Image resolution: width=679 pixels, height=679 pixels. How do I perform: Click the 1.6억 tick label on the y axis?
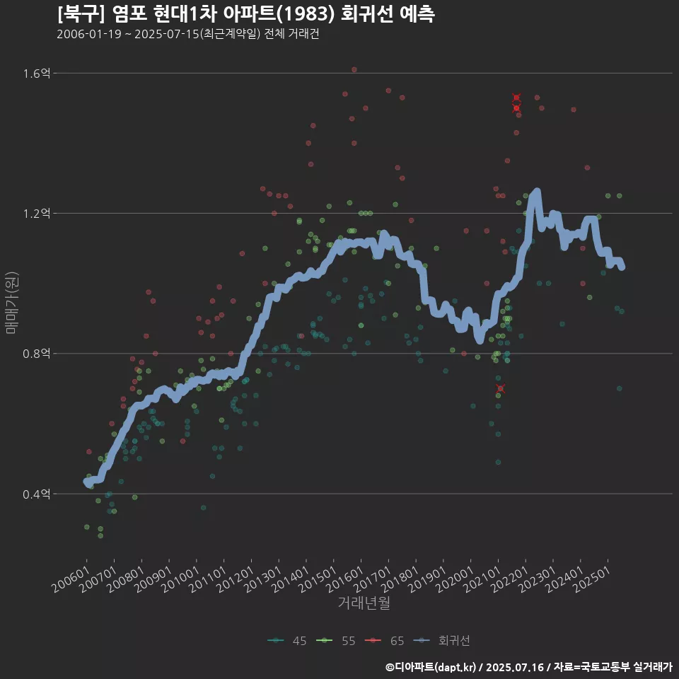37,74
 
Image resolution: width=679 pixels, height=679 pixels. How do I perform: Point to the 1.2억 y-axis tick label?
37,214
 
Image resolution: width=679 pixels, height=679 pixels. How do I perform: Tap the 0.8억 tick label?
37,354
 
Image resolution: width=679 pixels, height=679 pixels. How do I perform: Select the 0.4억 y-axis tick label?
37,494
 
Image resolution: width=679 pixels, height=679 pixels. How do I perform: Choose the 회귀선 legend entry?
443,641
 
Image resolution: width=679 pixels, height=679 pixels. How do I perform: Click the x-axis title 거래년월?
364,603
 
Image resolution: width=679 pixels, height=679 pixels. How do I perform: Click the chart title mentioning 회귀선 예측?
246,13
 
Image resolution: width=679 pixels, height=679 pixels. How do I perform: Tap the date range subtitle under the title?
188,35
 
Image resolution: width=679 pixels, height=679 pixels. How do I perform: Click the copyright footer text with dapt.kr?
529,667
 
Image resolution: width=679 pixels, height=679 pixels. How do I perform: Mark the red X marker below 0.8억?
501,388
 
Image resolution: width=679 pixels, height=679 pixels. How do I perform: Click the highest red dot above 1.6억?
354,69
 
